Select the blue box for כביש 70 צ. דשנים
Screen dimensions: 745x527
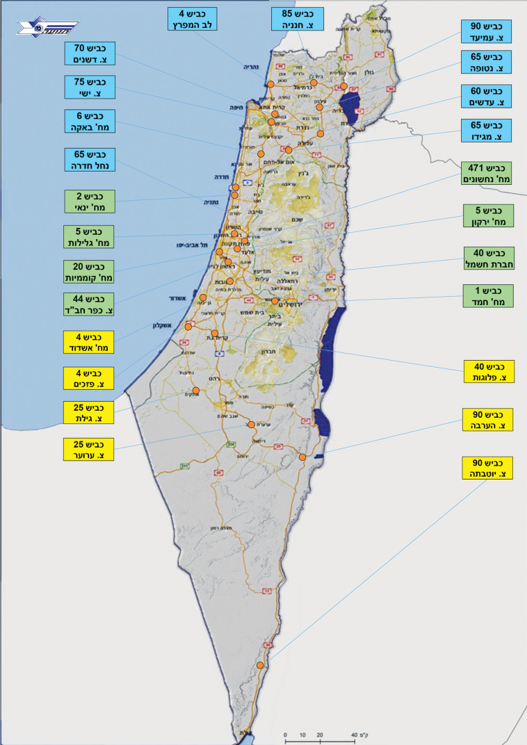[89, 54]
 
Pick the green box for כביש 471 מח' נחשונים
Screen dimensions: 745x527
[487, 173]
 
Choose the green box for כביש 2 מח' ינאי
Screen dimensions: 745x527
[89, 202]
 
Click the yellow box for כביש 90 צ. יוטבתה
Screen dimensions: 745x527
[487, 467]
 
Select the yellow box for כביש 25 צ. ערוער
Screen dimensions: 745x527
[89, 450]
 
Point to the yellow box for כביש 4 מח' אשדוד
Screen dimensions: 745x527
[89, 342]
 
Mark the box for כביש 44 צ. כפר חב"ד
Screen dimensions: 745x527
[89, 304]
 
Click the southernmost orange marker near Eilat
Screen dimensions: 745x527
[259, 665]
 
